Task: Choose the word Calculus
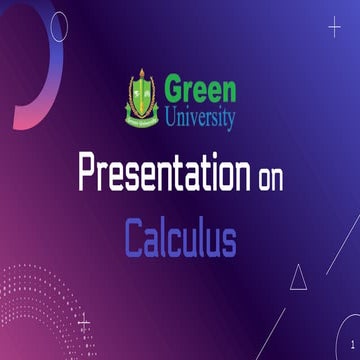click(x=180, y=239)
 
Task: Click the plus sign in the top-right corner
click(x=335, y=27)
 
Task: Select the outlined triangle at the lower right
click(x=298, y=277)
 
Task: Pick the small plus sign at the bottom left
click(x=84, y=322)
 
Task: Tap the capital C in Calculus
click(x=134, y=239)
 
